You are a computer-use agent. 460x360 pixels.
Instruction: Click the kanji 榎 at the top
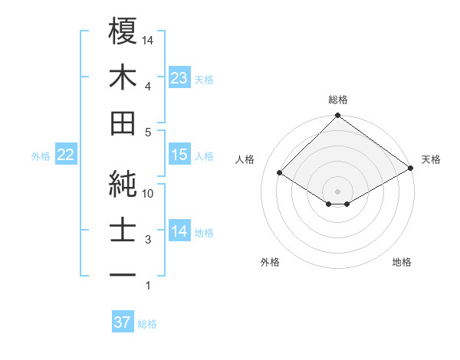tap(123, 31)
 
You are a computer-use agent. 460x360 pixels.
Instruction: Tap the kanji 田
tap(123, 123)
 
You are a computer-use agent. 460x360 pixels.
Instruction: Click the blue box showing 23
tap(179, 77)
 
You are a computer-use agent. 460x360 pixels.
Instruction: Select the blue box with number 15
tap(179, 155)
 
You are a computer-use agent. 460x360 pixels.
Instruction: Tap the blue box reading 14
tap(179, 231)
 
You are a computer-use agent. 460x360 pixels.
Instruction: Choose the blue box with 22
tap(65, 155)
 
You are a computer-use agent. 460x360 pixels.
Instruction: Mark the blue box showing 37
tap(122, 322)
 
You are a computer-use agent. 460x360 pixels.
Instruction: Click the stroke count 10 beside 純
tap(149, 194)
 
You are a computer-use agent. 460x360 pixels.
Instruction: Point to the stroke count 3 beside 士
tap(148, 240)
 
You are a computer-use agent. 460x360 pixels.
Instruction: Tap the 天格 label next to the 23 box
tap(204, 79)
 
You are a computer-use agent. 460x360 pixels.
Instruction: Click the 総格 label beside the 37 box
tap(147, 324)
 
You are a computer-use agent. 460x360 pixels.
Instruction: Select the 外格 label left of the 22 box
tap(41, 156)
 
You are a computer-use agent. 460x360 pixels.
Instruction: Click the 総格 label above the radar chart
tap(338, 100)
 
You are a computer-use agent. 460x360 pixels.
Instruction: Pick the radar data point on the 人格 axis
tap(280, 173)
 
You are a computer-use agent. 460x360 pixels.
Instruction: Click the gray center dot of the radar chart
tap(338, 190)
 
